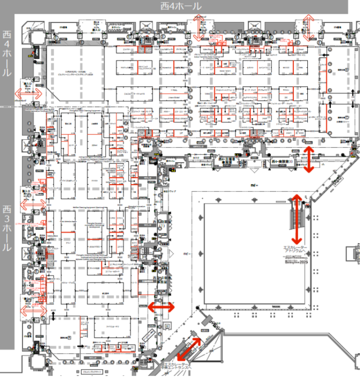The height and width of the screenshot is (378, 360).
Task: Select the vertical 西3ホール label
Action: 7,227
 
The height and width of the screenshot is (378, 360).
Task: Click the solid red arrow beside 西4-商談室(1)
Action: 308,159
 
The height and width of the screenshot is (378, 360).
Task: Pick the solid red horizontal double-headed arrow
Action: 161,307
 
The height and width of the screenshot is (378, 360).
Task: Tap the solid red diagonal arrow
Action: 189,349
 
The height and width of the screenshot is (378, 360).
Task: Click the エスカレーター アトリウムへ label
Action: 295,250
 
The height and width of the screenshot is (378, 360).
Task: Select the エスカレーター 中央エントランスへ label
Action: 178,366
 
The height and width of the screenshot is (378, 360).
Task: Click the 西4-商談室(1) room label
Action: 281,161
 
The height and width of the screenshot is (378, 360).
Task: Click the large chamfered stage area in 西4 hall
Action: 74,72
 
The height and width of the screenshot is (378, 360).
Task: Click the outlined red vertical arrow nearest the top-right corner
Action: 309,27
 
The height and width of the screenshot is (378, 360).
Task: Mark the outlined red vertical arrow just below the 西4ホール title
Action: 198,27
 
